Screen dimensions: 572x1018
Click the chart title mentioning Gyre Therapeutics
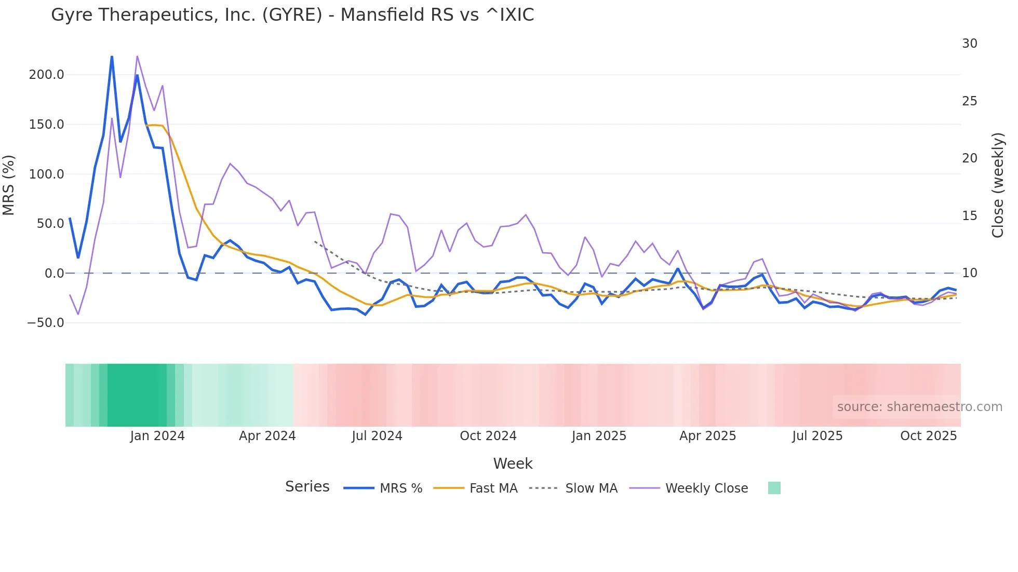[x=292, y=15]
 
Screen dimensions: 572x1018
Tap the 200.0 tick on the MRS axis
[x=47, y=75]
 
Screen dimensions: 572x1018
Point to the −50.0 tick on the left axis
[x=46, y=323]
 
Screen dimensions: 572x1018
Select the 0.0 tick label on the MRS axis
[x=54, y=274]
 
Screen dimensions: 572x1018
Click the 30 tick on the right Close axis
[x=969, y=44]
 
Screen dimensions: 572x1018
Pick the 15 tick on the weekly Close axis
[x=969, y=216]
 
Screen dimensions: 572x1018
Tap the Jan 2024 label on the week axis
[x=157, y=436]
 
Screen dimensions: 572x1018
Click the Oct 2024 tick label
[x=488, y=436]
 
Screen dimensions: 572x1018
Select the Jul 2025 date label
[x=817, y=436]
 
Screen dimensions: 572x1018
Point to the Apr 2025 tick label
[x=707, y=436]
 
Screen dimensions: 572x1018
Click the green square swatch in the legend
[x=774, y=488]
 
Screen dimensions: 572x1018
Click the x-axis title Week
[x=513, y=464]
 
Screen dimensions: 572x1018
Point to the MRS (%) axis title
[x=9, y=185]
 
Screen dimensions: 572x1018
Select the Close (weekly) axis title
[x=997, y=185]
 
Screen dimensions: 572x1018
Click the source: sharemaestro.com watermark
[x=919, y=407]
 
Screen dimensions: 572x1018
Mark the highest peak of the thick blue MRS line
[x=112, y=57]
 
